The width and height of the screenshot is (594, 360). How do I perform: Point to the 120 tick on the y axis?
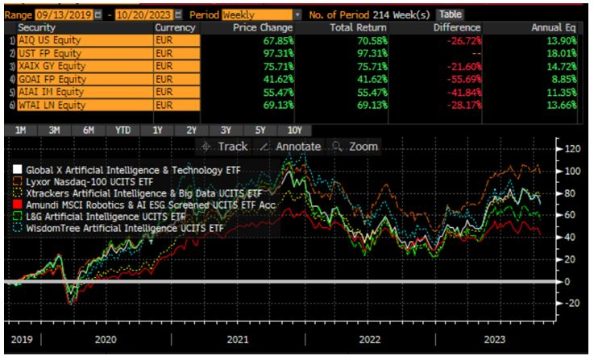[573, 150]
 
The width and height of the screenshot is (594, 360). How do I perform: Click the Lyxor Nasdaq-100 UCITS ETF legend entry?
[93, 182]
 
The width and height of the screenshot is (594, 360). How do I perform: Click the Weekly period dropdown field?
[254, 14]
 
